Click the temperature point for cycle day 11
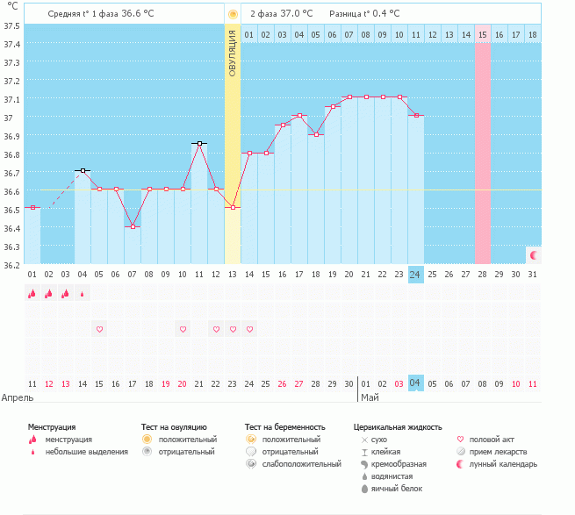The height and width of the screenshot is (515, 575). tap(199, 143)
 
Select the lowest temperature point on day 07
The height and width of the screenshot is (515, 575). tap(133, 226)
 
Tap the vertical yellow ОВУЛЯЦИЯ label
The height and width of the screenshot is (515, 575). tap(233, 52)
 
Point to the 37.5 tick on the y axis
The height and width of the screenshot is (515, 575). tap(12, 25)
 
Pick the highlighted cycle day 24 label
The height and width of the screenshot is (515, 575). tap(416, 275)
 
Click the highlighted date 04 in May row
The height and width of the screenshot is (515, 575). tap(416, 383)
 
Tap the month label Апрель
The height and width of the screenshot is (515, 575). tap(18, 397)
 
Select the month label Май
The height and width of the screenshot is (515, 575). tap(370, 397)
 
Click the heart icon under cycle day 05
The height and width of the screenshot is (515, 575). tap(99, 329)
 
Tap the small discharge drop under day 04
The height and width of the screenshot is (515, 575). tap(83, 294)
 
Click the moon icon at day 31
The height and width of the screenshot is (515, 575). tap(533, 254)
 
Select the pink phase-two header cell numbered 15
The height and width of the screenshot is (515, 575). tap(483, 34)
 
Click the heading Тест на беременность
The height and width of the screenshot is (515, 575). tap(291, 426)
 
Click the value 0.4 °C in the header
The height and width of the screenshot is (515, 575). tap(383, 14)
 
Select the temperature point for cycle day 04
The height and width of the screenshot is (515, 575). tap(83, 170)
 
